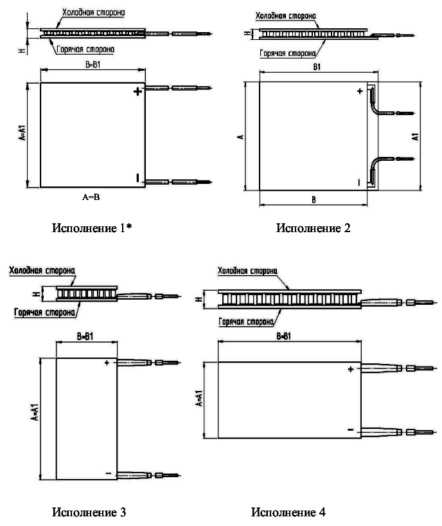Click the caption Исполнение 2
click(314, 228)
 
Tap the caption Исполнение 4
click(288, 512)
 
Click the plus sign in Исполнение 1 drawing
click(137, 93)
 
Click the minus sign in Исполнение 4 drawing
click(350, 429)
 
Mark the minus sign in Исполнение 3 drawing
click(107, 473)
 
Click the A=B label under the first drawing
click(91, 198)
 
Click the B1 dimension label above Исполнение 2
click(317, 66)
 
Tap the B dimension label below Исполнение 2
click(314, 200)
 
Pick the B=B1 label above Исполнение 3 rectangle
click(86, 336)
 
